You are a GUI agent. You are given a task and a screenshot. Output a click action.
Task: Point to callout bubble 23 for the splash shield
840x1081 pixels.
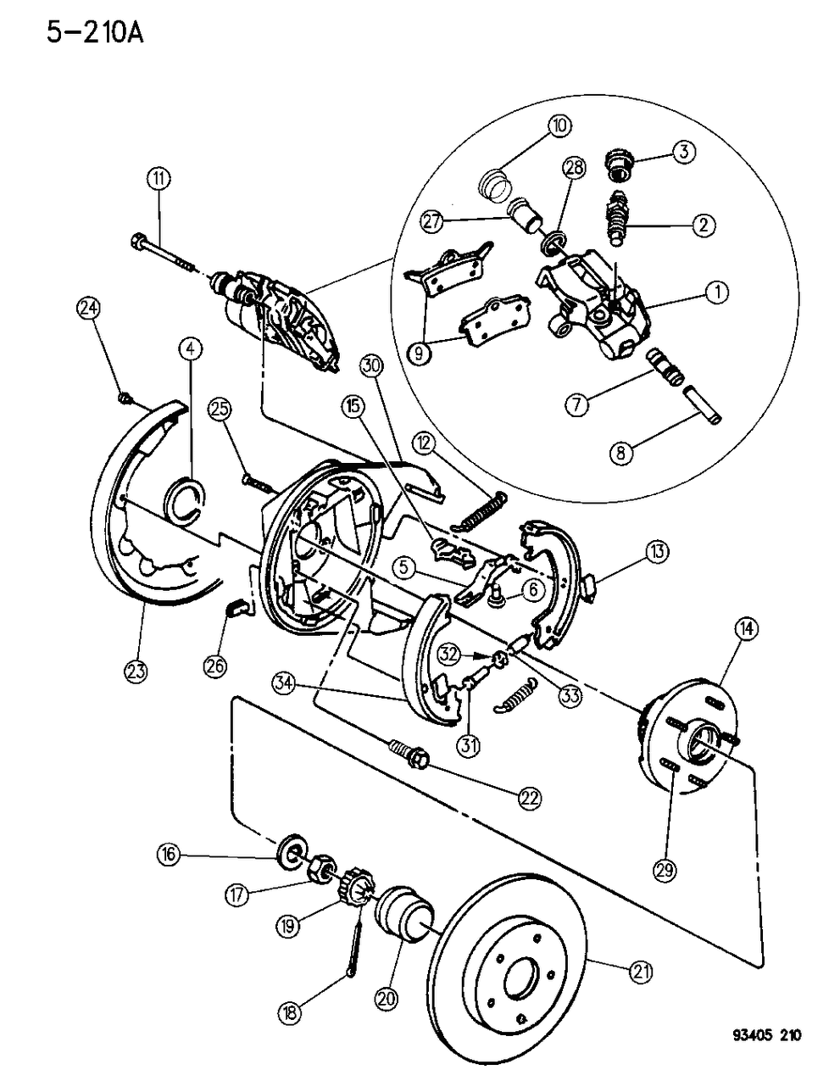[135, 671]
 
